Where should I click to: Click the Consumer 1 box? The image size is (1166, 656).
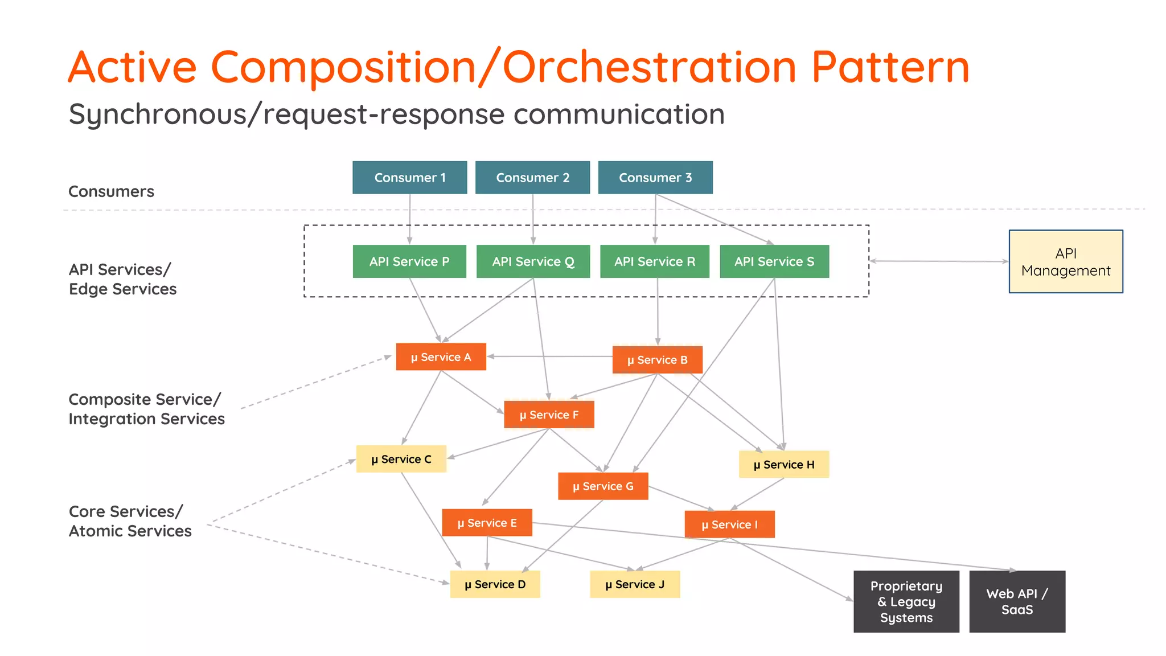409,178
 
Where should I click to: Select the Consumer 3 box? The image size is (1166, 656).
655,178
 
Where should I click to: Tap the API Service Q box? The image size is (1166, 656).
533,261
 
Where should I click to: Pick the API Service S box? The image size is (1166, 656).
774,261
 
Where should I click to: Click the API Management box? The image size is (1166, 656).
1066,261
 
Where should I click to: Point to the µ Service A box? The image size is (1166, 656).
441,357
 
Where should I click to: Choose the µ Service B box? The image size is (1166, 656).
657,360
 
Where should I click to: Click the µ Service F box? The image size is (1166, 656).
549,415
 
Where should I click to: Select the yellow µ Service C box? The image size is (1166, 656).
401,459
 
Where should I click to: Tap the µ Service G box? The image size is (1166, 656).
603,486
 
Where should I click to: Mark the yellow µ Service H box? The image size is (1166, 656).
784,465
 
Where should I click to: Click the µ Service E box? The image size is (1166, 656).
487,523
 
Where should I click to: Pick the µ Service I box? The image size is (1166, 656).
729,524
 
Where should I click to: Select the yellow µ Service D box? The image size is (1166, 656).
495,584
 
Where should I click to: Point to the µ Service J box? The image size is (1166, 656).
635,584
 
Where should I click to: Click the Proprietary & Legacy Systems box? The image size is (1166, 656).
906,601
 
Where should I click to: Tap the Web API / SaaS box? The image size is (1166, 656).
1017,601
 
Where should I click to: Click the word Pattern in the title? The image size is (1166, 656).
890,67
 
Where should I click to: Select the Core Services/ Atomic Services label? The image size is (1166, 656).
130,521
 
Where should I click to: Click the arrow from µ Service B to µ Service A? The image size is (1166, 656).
549,356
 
